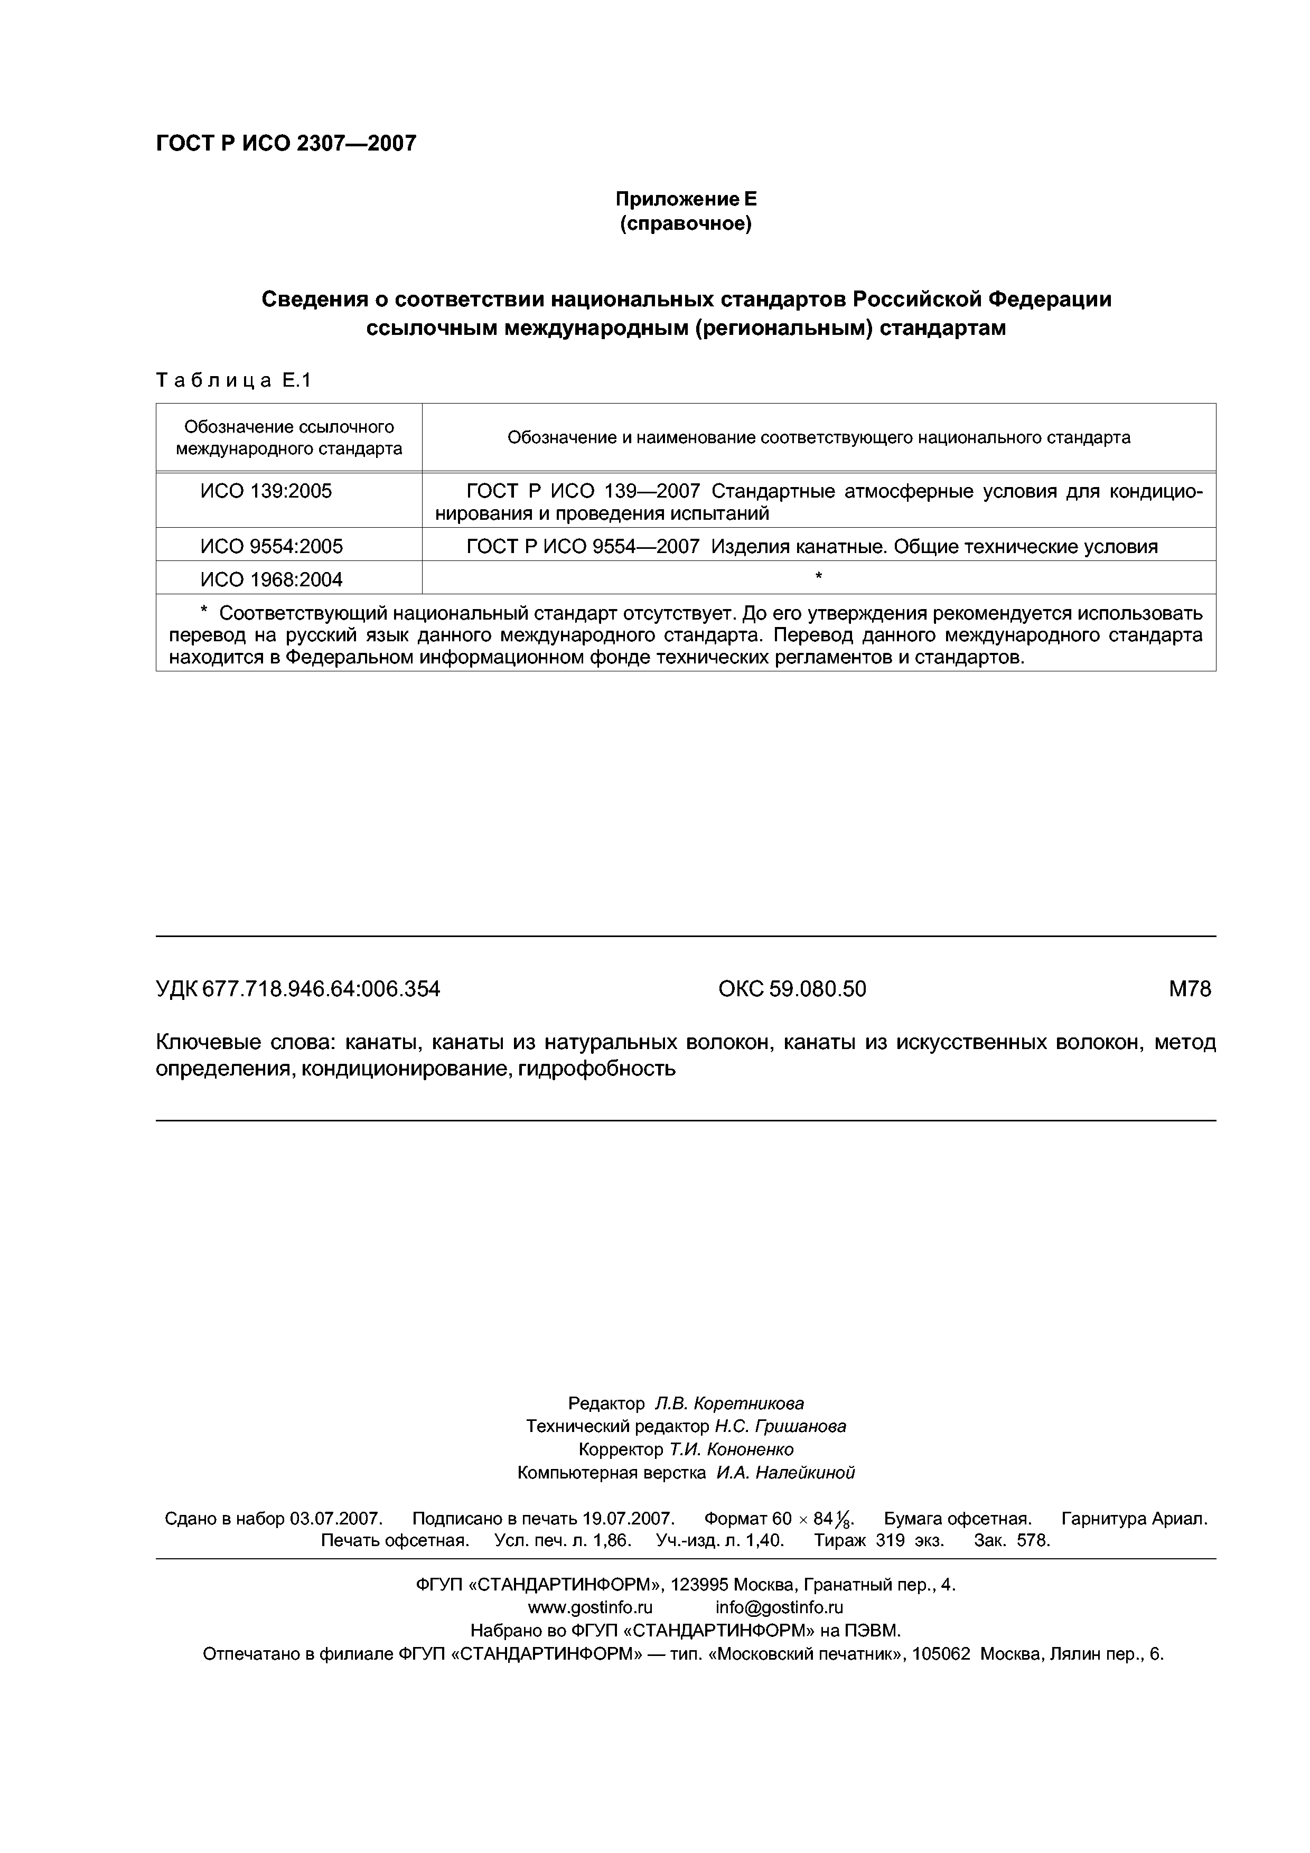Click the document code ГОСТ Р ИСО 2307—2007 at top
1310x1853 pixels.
[x=286, y=144]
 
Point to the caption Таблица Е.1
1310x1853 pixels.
[x=233, y=381]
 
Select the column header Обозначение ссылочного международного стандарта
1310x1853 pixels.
[x=289, y=437]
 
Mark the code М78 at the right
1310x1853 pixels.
[x=1190, y=989]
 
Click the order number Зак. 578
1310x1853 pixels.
[x=1012, y=1541]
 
